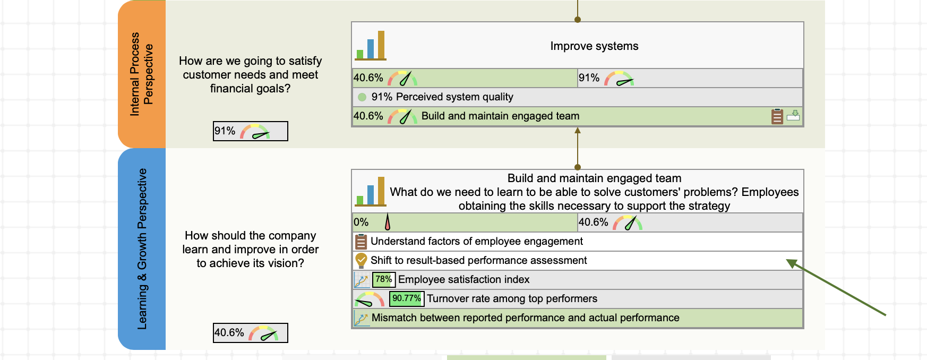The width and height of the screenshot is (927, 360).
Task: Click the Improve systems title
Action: (594, 46)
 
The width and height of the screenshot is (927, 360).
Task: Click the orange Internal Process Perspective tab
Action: (141, 74)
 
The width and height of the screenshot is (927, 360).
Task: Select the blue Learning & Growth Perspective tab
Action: (141, 248)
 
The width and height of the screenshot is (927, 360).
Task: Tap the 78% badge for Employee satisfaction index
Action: (383, 279)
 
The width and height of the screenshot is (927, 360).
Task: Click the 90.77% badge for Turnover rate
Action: (406, 298)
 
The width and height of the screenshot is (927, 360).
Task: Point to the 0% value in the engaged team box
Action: (361, 222)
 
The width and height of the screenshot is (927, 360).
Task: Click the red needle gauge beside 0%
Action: (388, 222)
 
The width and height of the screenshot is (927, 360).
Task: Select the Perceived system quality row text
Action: (442, 97)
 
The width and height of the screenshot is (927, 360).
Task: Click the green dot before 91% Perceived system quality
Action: (362, 97)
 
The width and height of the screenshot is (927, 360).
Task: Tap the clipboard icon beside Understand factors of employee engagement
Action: (361, 242)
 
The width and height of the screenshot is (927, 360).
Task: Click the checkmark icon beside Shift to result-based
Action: (361, 260)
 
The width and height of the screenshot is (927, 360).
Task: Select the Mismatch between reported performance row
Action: (525, 318)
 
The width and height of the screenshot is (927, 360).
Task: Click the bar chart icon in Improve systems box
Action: (371, 46)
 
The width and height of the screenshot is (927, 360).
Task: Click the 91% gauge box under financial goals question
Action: (250, 131)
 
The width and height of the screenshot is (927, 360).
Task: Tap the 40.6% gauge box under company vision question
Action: (250, 333)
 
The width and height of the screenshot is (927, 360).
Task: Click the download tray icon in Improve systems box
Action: (793, 115)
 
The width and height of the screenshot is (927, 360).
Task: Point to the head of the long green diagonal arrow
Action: (788, 261)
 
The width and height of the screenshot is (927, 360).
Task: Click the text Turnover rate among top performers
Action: (512, 298)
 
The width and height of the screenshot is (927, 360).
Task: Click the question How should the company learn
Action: (250, 249)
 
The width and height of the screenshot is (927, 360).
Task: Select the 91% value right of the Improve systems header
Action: (589, 78)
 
